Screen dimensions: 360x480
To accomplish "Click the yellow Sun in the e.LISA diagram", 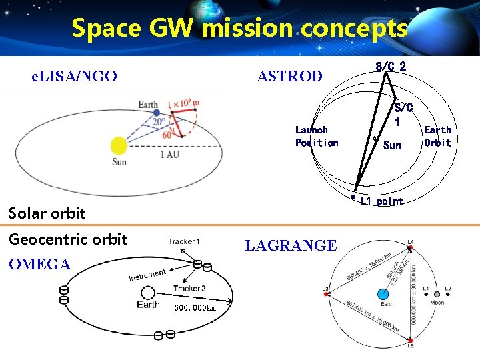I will [119, 145].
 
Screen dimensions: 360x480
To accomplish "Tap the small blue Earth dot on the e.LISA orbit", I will [156, 113].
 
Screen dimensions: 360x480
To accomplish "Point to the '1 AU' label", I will [169, 155].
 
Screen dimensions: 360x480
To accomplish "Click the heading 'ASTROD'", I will [289, 77].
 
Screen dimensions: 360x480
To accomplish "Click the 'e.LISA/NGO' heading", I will [75, 77].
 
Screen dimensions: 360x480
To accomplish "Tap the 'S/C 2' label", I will [391, 66].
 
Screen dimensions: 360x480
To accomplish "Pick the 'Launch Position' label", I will [317, 136].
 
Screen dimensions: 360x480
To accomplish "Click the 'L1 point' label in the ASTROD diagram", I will [381, 201].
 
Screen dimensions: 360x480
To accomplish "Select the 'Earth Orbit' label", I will [437, 136].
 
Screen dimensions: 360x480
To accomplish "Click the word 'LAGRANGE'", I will [291, 246].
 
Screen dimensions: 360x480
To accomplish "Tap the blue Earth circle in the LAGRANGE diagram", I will [383, 294].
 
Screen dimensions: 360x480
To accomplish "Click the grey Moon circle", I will [437, 294].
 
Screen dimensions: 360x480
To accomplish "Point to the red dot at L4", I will [410, 248].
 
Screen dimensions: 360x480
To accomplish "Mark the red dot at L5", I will [410, 339].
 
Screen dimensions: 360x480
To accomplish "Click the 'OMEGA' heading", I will [39, 265].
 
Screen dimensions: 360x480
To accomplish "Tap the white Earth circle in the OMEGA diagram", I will [148, 292].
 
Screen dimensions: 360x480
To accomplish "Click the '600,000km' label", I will [195, 308].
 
